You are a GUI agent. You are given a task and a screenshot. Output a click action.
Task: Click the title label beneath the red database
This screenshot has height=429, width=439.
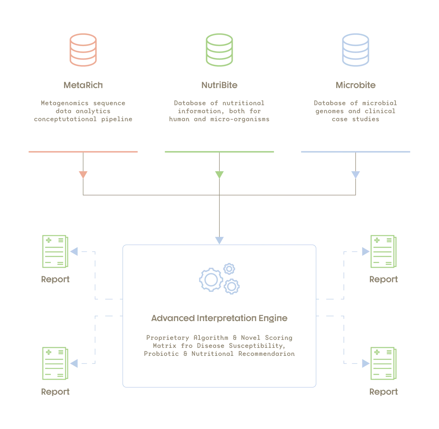click(x=83, y=86)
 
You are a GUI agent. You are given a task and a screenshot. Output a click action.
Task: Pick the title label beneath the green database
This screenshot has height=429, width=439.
click(x=219, y=86)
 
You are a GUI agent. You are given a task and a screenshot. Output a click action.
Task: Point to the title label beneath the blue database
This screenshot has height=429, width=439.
click(x=355, y=86)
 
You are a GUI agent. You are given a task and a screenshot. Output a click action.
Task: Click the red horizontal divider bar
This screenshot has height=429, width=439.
click(x=83, y=152)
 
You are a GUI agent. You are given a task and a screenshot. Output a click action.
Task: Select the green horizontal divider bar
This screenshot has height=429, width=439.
click(x=219, y=152)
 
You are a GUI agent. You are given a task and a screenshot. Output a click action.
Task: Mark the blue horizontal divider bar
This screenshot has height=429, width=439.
click(x=355, y=152)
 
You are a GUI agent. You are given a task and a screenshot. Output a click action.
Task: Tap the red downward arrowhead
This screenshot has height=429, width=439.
click(x=83, y=174)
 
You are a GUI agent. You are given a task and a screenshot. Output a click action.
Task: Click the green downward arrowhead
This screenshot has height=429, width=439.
click(x=219, y=174)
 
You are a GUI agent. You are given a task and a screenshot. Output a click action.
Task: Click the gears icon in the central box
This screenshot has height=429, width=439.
click(x=219, y=278)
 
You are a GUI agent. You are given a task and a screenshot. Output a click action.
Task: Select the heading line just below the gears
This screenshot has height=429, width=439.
click(x=219, y=319)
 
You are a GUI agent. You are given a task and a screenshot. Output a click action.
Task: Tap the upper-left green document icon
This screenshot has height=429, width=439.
click(x=55, y=252)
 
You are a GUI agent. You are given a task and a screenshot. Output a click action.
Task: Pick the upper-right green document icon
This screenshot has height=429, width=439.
click(x=383, y=252)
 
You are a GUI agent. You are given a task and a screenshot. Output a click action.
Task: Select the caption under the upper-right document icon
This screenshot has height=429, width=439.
click(x=384, y=280)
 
